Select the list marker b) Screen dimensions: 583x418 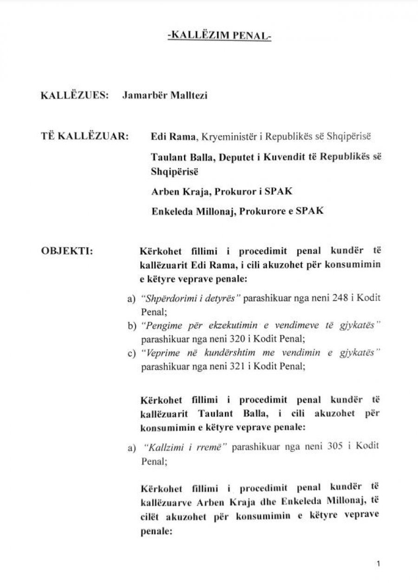tap(131, 326)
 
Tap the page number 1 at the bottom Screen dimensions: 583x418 tap(379, 564)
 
